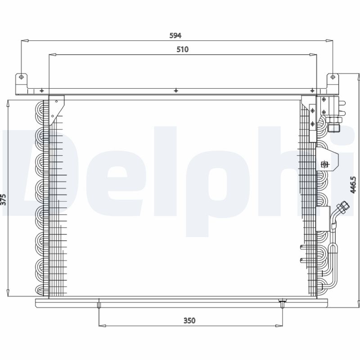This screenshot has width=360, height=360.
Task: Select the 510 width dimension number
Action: tap(182, 50)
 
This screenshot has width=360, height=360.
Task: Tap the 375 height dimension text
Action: tap(4, 199)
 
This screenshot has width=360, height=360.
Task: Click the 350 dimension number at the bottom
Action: tap(189, 320)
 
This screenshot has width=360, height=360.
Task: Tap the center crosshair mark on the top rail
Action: tap(175, 91)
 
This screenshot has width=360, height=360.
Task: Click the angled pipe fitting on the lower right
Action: tap(338, 216)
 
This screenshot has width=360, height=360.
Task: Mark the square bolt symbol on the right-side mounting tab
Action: tap(322, 165)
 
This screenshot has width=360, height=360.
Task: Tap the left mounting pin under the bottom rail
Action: tap(97, 306)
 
